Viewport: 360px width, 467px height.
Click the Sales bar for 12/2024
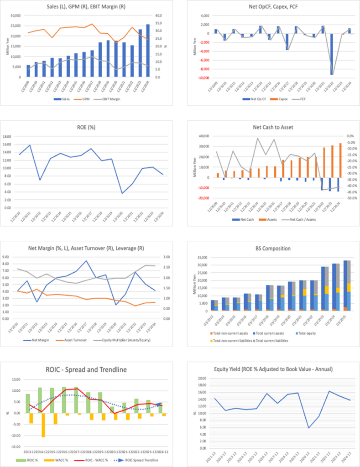pos(148,50)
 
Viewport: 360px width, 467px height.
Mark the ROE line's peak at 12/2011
pos(30,145)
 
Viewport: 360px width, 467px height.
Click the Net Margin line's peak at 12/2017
pos(86,261)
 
